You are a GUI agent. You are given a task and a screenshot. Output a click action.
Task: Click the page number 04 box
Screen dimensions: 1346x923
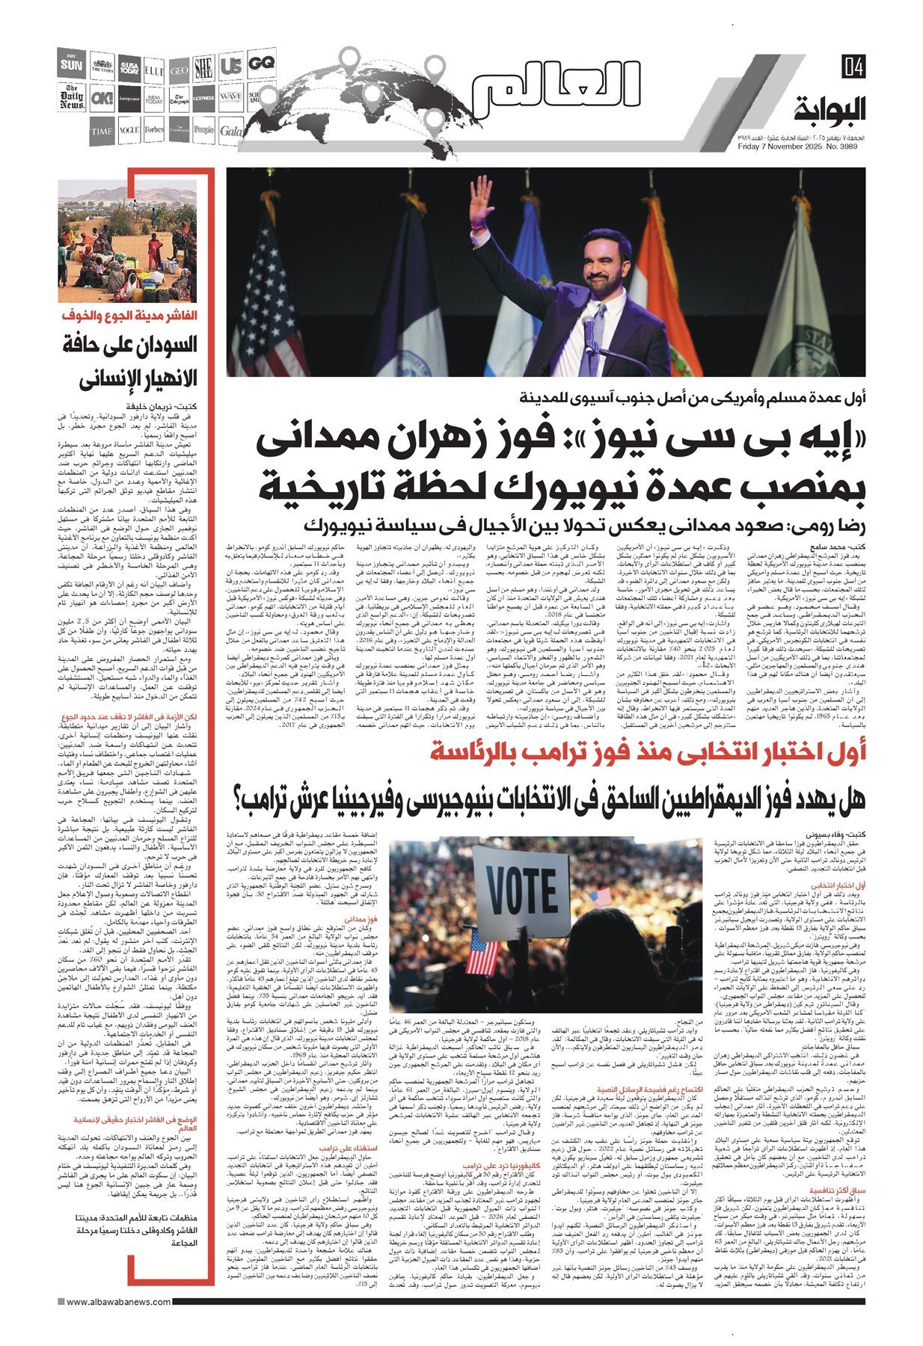pyautogui.click(x=852, y=67)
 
